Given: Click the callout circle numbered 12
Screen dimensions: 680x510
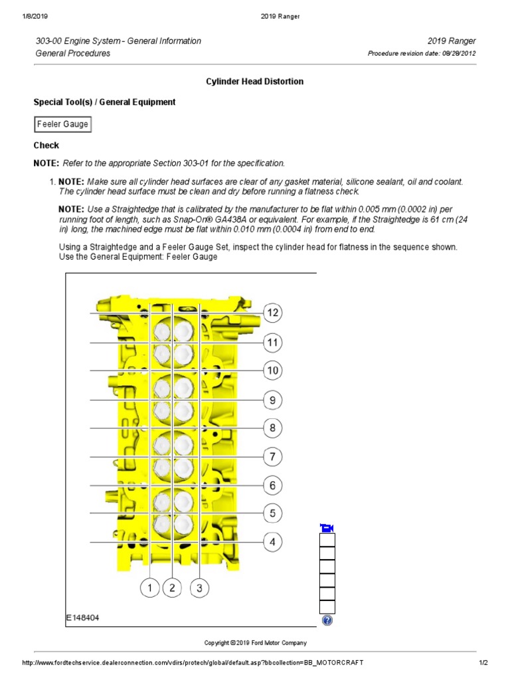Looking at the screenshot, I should tap(272, 313).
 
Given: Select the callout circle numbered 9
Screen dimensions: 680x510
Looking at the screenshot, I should tap(272, 400).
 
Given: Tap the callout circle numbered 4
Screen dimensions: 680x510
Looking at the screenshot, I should tap(272, 542).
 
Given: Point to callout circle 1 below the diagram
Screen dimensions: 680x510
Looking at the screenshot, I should tap(150, 588).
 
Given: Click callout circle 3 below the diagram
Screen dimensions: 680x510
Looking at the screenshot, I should tap(199, 588).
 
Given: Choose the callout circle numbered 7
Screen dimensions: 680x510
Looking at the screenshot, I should tap(272, 457).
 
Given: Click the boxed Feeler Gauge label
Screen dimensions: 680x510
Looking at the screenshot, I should tap(62, 124).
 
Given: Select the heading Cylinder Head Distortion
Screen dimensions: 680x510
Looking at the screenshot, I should tap(254, 82).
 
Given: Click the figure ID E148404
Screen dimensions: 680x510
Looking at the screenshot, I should tap(83, 618).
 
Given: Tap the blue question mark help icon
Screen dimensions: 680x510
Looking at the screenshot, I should tap(327, 620).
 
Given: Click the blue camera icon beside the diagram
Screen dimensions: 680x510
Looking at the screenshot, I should tap(327, 528).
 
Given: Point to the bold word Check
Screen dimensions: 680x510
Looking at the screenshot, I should tap(46, 145).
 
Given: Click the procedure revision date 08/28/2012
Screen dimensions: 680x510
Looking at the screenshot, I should tap(458, 54).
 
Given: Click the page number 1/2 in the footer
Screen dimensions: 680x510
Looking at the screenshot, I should tap(483, 663).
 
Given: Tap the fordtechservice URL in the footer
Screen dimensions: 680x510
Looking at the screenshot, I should tap(193, 663).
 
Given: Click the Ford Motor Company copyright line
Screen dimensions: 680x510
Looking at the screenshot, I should tap(255, 643).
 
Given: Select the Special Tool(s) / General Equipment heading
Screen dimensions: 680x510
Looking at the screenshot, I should tap(104, 102).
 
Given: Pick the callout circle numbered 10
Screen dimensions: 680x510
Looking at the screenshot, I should tap(272, 371).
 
